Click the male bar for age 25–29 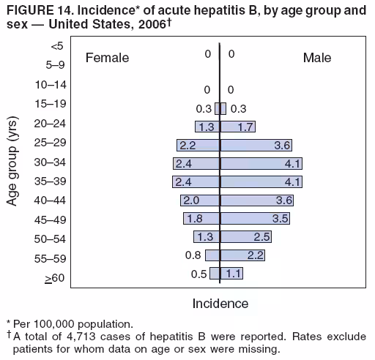click(x=257, y=145)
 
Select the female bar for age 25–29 click(x=198, y=145)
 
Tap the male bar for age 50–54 click(x=246, y=236)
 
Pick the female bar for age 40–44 click(x=200, y=200)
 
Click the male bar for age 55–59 click(x=242, y=255)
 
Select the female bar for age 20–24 click(x=207, y=127)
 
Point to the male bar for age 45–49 click(x=255, y=218)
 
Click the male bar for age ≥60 click(x=231, y=273)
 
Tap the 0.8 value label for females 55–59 click(x=193, y=255)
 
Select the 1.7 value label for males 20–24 click(x=246, y=127)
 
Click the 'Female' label click(x=107, y=58)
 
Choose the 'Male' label click(x=316, y=58)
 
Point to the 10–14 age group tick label click(x=51, y=85)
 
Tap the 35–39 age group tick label click(x=51, y=180)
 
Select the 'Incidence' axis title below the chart click(x=220, y=303)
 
